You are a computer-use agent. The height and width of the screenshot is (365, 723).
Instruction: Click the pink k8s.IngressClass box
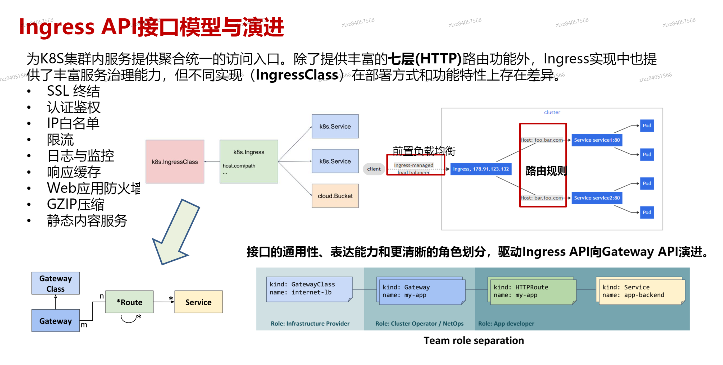coord(175,162)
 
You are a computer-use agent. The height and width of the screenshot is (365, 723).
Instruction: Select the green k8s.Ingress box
coord(249,162)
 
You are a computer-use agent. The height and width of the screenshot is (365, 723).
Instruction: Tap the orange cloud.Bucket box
coord(335,196)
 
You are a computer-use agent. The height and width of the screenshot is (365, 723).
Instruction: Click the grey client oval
coord(374,169)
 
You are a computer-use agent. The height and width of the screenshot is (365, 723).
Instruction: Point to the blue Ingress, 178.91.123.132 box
coord(481,169)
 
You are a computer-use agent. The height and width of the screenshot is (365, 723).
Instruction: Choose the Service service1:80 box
coord(597,140)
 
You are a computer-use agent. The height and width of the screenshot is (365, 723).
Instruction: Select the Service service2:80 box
coord(597,198)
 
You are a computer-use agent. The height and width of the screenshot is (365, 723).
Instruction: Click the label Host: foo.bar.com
coord(542,140)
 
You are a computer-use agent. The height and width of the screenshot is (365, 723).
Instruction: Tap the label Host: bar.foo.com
coord(542,198)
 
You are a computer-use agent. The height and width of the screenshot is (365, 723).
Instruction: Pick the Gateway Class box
coord(55,283)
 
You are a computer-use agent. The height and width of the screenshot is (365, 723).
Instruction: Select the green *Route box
coord(129,302)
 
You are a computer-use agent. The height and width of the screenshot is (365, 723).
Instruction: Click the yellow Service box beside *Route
coord(198,302)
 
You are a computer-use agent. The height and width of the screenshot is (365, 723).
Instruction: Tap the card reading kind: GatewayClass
coord(309,289)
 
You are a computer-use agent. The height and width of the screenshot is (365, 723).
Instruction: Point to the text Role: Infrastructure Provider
coord(310,323)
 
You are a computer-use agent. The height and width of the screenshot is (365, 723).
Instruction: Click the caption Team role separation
coord(474,340)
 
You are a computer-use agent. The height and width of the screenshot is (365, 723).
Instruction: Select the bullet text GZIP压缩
coord(75,204)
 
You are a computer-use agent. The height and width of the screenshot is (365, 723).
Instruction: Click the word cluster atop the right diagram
coord(552,112)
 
